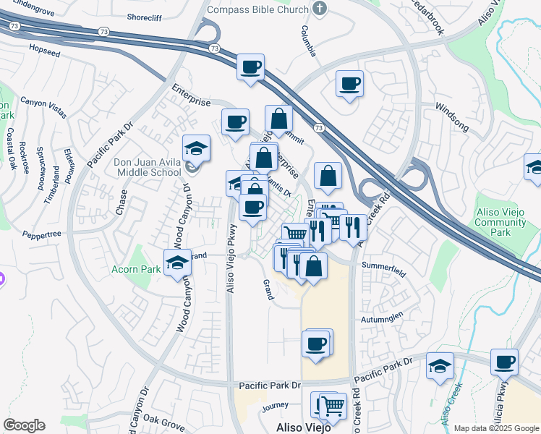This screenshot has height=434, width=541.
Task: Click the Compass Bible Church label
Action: (x=257, y=9)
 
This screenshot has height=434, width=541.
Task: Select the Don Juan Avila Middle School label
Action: (x=148, y=168)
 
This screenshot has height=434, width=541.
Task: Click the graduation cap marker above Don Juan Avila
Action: (x=196, y=148)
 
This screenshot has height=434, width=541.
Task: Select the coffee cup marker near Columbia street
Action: (x=349, y=84)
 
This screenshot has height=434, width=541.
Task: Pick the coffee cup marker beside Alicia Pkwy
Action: (x=504, y=362)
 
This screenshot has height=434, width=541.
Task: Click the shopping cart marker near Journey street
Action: (x=332, y=406)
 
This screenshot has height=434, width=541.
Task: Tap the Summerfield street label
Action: (x=381, y=265)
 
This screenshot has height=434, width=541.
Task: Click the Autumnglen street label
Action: (x=379, y=318)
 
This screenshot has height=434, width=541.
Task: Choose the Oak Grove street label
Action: (x=163, y=419)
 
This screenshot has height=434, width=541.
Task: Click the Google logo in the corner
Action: (x=24, y=425)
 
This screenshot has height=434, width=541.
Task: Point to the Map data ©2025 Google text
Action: (x=495, y=428)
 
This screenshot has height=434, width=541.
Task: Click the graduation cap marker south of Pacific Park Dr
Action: (x=440, y=366)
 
